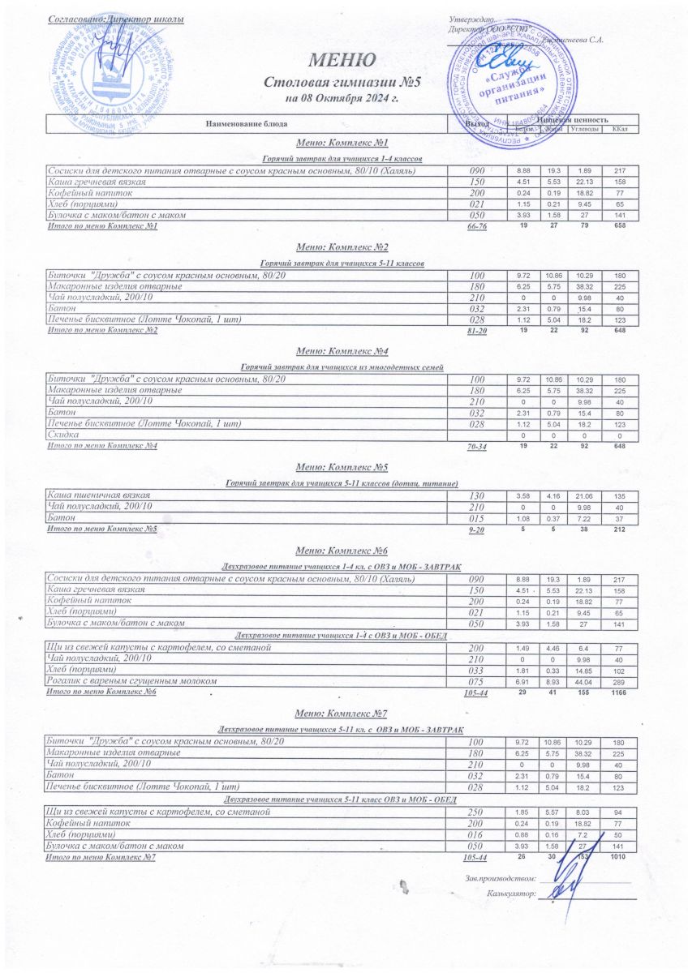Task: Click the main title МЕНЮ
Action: pos(342,60)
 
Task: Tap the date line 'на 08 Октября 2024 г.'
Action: pos(342,98)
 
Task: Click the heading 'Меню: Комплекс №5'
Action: pos(342,467)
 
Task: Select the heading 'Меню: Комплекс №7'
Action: pos(342,714)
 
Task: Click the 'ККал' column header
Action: pos(621,129)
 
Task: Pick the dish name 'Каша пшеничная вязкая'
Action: pos(98,495)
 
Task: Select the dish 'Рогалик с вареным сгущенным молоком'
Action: pos(132,681)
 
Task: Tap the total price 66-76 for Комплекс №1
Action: pos(477,226)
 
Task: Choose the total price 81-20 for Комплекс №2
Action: pos(477,331)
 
